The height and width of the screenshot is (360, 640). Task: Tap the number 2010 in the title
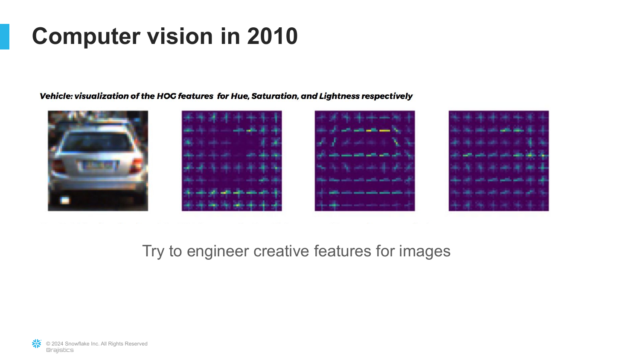point(272,36)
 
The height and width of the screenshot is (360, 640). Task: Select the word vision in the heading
point(180,36)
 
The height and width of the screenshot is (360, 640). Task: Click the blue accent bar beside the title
point(5,37)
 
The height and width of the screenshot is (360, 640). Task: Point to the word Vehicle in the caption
point(56,96)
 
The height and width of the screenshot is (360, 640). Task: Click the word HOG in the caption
point(166,96)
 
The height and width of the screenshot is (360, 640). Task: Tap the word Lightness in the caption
point(339,96)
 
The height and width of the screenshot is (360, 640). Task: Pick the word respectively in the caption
point(387,96)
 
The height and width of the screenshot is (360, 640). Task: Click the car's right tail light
point(136,165)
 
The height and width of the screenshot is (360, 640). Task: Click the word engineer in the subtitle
point(218,251)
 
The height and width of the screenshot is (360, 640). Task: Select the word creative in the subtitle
point(281,251)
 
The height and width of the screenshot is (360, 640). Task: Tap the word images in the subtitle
point(425,251)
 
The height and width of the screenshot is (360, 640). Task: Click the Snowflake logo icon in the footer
point(37,344)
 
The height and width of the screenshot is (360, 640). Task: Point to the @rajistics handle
point(60,350)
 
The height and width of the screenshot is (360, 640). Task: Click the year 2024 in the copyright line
point(58,344)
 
